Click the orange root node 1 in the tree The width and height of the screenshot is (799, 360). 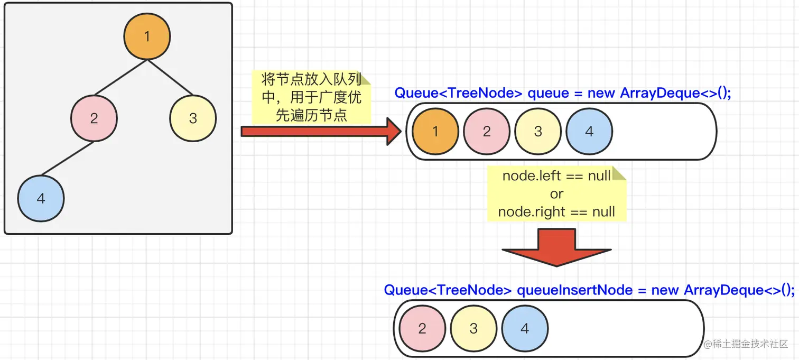click(147, 36)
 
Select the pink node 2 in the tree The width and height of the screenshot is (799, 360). click(94, 118)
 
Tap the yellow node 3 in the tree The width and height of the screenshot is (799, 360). click(193, 118)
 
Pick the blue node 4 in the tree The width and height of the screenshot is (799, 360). click(41, 198)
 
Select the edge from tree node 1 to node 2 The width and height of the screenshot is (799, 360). click(120, 79)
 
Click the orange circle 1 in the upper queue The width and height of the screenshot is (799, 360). click(435, 132)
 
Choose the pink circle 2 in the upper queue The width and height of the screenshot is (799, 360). click(487, 132)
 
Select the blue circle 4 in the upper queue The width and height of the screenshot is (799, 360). click(589, 132)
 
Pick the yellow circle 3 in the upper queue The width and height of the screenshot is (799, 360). click(538, 132)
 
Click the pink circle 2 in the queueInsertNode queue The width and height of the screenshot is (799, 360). click(422, 328)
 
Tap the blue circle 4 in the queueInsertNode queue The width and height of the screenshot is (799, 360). click(525, 328)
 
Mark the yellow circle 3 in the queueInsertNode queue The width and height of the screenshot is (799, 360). click(473, 328)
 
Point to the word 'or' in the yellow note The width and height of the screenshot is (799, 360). click(556, 193)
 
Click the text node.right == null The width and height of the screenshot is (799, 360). click(556, 212)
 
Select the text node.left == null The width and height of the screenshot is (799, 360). click(556, 176)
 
